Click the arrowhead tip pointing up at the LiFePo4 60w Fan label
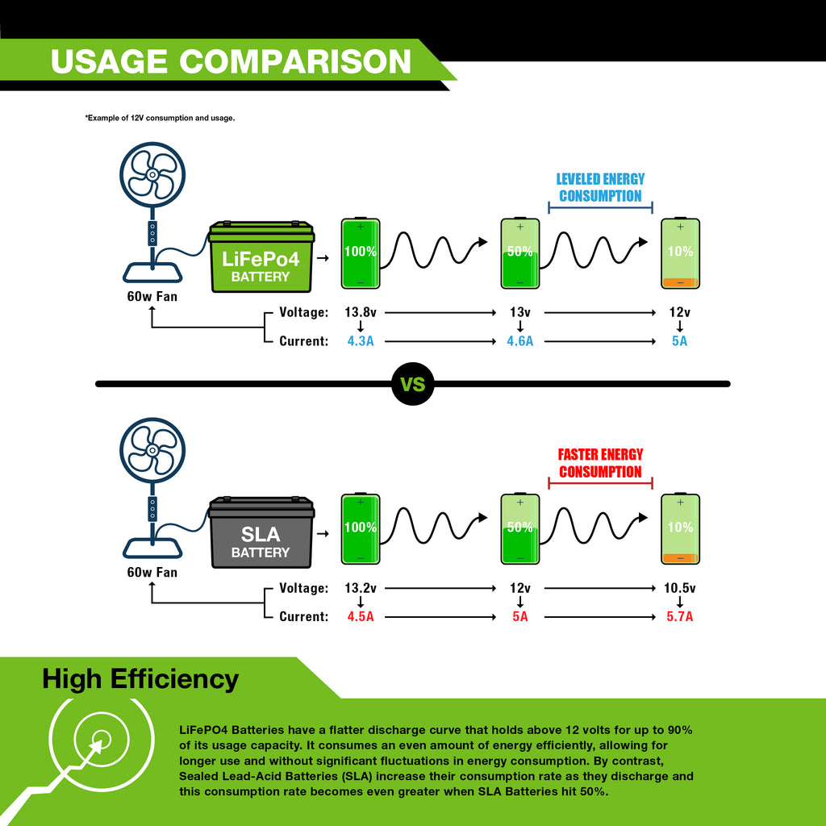point(152,306)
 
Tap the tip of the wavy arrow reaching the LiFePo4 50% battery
point(488,242)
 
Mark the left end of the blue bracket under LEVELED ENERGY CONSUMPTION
point(549,207)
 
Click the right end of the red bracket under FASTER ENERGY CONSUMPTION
point(652,483)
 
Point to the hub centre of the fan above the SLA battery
point(152,450)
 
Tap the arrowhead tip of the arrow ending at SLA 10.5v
point(657,588)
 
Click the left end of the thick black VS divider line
point(97,384)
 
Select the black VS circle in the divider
point(413,384)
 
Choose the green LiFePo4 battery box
point(261,257)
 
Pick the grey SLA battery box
point(261,532)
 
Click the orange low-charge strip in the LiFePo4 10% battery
point(680,283)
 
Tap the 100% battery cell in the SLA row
point(361,529)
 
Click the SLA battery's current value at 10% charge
point(679,617)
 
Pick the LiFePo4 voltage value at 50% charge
point(520,312)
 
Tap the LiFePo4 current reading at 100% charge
point(361,341)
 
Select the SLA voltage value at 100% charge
point(361,588)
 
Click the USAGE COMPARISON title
point(231,61)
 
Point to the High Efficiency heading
point(140,679)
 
